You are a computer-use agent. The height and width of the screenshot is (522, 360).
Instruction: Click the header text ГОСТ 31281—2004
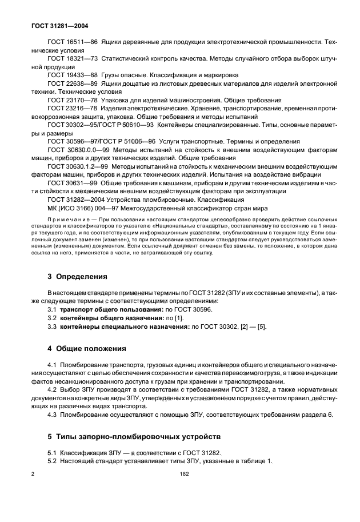point(59,26)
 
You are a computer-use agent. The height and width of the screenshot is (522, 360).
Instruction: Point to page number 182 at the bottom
point(183,474)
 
